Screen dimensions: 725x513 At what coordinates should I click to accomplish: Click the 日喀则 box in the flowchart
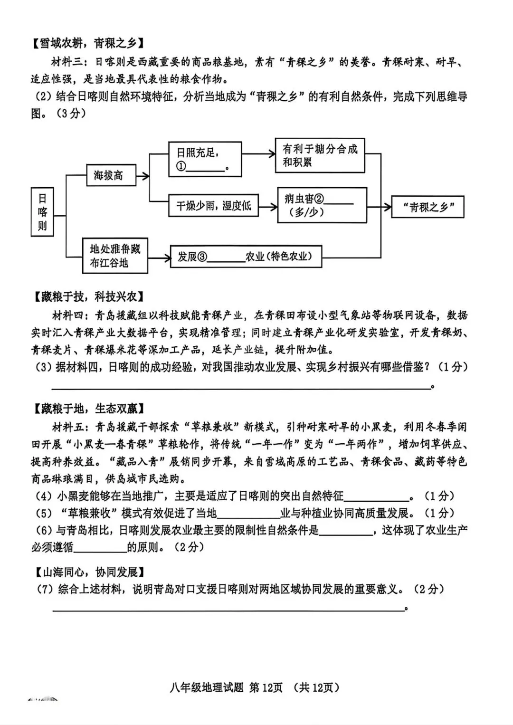click(x=42, y=212)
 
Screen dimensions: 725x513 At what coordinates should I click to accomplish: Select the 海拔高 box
click(x=111, y=175)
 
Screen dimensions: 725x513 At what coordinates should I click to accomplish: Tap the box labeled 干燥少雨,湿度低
click(x=214, y=205)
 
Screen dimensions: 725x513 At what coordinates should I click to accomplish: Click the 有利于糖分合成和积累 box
click(x=320, y=155)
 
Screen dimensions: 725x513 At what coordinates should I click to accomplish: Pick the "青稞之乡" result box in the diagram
click(x=427, y=207)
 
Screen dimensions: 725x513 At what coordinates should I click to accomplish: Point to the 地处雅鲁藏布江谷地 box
click(x=115, y=256)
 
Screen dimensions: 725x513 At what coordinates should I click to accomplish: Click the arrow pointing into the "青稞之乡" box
click(x=386, y=207)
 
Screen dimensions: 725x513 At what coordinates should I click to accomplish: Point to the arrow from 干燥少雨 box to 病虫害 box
click(x=268, y=206)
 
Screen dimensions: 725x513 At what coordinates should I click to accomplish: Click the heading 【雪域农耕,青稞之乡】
click(x=86, y=43)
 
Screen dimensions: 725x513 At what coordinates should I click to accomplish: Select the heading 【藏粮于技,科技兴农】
click(x=89, y=297)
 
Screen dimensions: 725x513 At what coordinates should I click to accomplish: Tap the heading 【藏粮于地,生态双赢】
click(x=89, y=408)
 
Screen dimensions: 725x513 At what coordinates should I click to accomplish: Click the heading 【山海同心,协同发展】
click(x=89, y=572)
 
